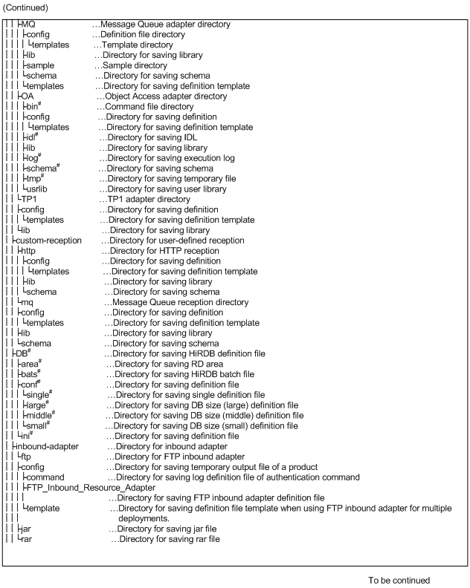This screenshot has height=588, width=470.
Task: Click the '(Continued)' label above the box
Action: pyautogui.click(x=28, y=8)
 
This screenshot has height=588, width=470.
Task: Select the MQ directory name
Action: pyautogui.click(x=29, y=24)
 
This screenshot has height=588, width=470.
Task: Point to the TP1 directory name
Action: pyautogui.click(x=30, y=199)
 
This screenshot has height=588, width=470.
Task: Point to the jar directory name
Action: pyautogui.click(x=26, y=528)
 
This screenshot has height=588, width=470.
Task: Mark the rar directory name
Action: pyautogui.click(x=26, y=538)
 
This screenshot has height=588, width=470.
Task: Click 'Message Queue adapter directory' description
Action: pyautogui.click(x=165, y=24)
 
